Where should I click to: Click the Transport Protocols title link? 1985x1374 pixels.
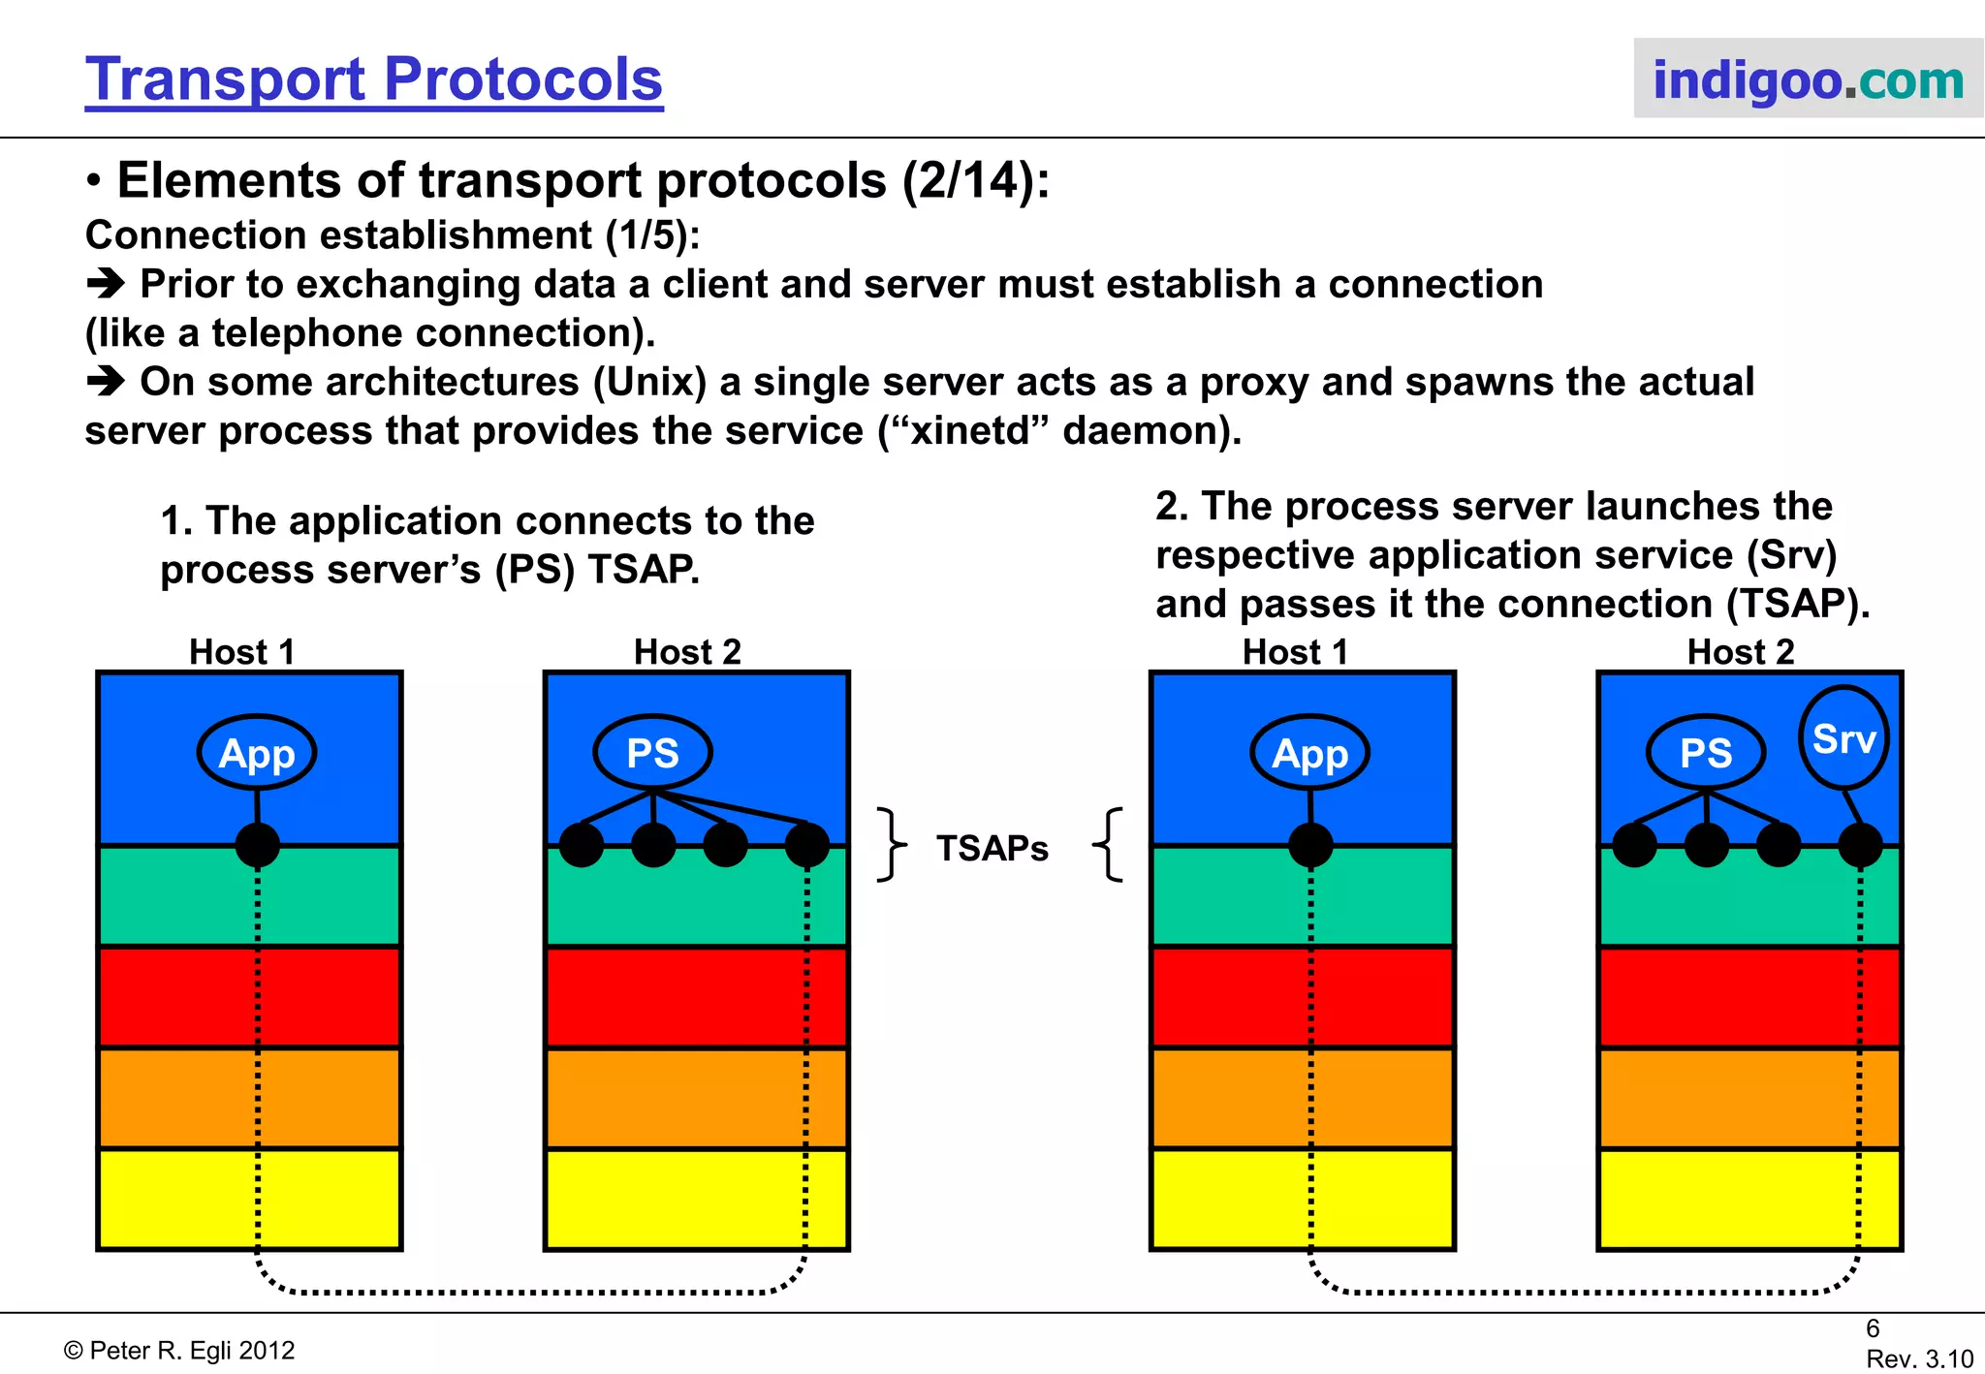point(373,79)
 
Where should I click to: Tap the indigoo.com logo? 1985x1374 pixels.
point(1808,79)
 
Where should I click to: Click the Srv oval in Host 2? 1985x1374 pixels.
point(1843,738)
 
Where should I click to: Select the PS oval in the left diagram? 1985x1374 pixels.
point(652,753)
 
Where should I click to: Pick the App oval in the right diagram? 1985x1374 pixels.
point(1309,753)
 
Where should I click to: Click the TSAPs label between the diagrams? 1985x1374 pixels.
point(992,848)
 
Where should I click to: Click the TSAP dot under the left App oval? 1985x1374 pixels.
point(257,845)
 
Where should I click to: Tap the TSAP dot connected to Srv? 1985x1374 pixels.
point(1860,845)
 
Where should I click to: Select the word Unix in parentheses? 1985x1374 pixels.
point(650,382)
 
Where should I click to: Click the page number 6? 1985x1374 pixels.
point(1873,1328)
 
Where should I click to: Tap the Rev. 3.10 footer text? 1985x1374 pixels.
point(1919,1358)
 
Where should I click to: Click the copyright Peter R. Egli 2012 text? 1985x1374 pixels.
point(179,1351)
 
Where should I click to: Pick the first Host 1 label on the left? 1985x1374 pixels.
point(241,652)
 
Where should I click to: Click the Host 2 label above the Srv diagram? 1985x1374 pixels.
point(1741,652)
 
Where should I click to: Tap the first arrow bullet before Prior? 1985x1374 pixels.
point(105,284)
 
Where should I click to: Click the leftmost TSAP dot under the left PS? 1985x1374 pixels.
point(582,845)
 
